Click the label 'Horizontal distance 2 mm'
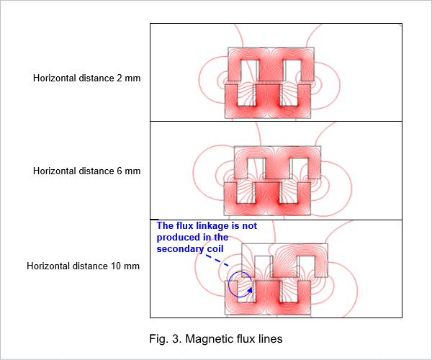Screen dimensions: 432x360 87,78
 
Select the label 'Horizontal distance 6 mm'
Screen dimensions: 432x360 87,171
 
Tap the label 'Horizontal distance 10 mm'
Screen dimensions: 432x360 84,266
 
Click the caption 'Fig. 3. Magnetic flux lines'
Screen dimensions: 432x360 216,339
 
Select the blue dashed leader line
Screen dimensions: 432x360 217,261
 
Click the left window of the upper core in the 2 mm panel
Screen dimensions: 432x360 250,71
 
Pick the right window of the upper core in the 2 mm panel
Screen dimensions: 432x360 292,71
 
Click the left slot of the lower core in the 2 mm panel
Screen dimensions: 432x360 246,95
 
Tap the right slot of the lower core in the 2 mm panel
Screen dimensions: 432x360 289,95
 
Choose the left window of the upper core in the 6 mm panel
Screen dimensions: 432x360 256,168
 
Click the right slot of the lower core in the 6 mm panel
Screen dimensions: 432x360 289,193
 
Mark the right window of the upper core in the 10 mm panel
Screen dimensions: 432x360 306,266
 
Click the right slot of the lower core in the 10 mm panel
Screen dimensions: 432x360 289,291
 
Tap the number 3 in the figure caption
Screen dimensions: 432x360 175,339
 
